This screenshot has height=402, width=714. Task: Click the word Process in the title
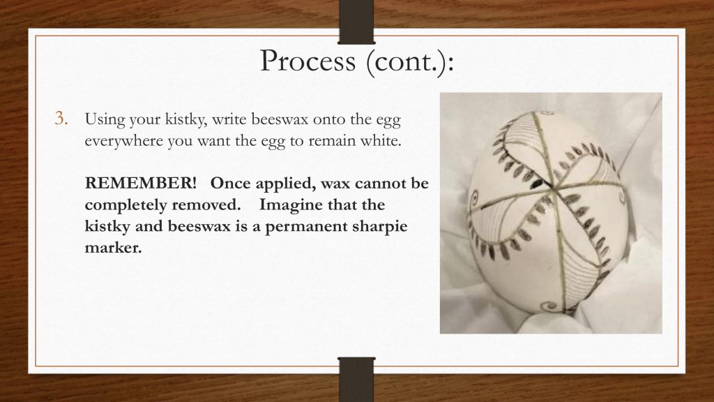[x=307, y=61]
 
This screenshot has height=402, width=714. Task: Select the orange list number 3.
[x=61, y=119]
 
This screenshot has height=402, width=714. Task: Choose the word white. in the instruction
[x=381, y=140]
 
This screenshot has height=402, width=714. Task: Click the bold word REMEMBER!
[x=141, y=183]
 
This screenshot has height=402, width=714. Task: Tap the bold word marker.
[x=114, y=248]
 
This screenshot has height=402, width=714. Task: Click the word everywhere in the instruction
[x=123, y=141]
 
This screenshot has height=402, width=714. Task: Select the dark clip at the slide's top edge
[x=356, y=22]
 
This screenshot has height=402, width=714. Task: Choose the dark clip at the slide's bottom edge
[x=356, y=379]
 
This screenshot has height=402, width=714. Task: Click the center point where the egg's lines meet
[x=552, y=187]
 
